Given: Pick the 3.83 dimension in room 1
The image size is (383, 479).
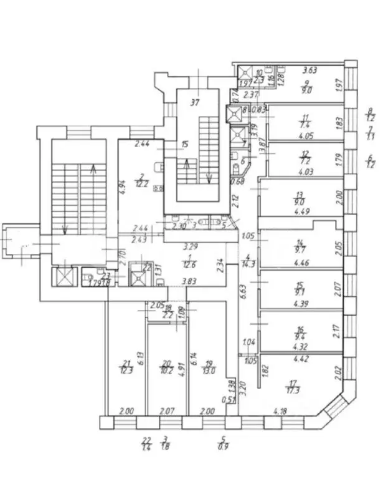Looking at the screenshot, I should [x=184, y=281].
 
